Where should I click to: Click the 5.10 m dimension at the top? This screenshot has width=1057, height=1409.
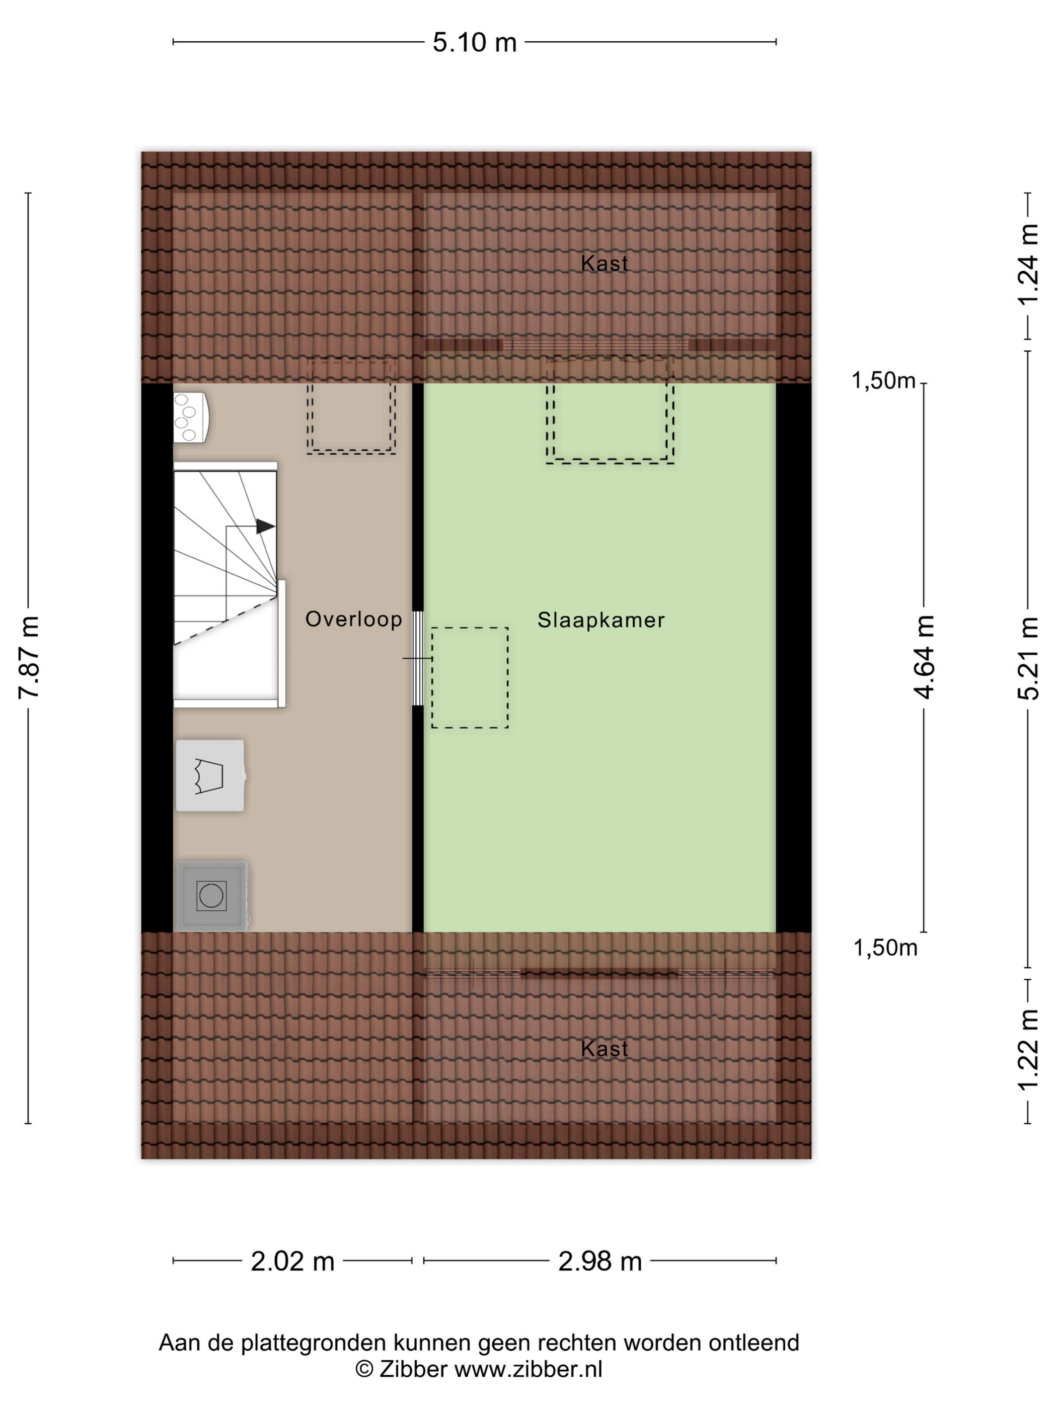coord(474,43)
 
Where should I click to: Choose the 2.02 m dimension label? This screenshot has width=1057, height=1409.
coord(292,1261)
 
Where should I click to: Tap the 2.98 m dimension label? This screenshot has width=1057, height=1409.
coord(599,1261)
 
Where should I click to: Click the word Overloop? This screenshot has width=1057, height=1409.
coord(354,619)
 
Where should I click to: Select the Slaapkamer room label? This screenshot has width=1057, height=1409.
coord(601,620)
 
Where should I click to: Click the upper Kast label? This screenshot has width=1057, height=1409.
coord(604,263)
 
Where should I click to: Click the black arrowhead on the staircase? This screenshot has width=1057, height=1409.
coord(265,526)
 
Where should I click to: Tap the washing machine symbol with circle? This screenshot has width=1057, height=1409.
coord(211,896)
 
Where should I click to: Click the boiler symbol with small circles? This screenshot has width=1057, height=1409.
coord(191,417)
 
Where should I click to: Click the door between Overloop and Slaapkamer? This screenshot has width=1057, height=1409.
coord(418,658)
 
